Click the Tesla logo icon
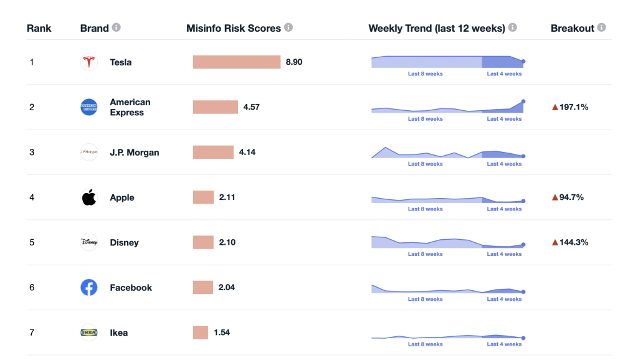[89, 62]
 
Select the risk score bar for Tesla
[237, 62]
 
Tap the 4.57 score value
[251, 107]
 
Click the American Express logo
[89, 107]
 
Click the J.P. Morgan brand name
[134, 153]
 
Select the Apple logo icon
[89, 197]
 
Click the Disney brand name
[124, 242]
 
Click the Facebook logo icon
[89, 287]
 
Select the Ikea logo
[89, 333]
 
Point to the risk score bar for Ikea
[201, 333]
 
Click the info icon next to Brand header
[117, 28]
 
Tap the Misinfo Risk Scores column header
[234, 28]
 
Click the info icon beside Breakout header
[601, 28]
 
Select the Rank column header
[39, 28]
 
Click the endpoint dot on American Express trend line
[523, 101]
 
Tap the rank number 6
[32, 287]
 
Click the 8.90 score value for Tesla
[294, 62]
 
